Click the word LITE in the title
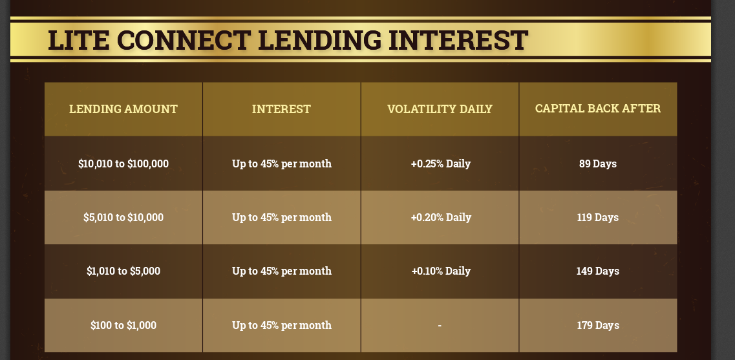[x=78, y=40]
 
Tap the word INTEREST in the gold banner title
[x=458, y=40]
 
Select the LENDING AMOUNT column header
[x=123, y=109]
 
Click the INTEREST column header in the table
[x=281, y=109]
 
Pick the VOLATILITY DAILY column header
[x=440, y=109]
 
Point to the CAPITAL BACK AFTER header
[x=598, y=109]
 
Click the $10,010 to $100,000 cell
[x=123, y=164]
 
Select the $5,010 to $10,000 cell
[x=123, y=218]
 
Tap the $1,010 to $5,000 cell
[x=123, y=271]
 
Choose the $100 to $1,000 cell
[x=123, y=325]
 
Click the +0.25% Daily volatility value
[x=441, y=164]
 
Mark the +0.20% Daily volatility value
[x=441, y=218]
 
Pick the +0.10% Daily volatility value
[x=441, y=271]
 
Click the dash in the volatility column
[x=440, y=325]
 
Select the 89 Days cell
[x=598, y=164]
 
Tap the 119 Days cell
[x=598, y=218]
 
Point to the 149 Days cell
[x=598, y=271]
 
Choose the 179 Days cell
[x=598, y=325]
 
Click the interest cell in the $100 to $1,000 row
[x=282, y=325]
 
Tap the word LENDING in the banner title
[x=319, y=40]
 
